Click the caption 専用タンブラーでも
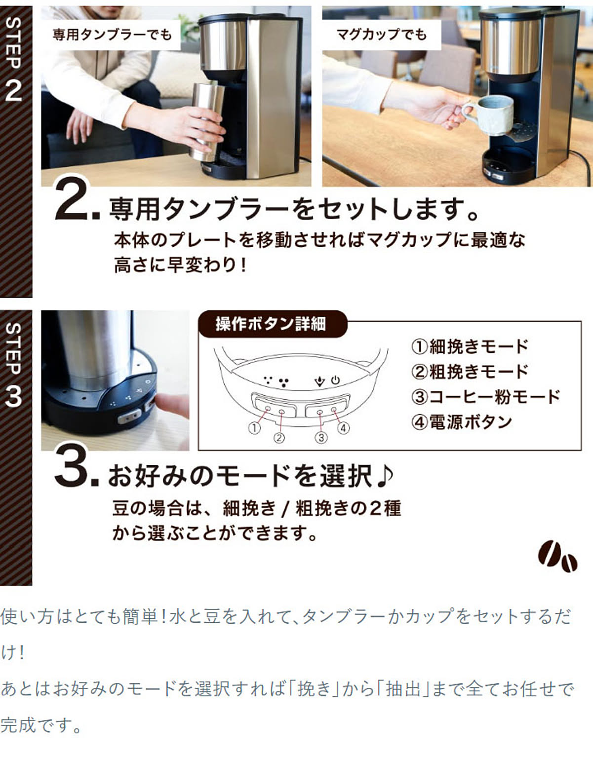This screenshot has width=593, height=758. click(112, 35)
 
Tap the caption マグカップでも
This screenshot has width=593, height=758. click(381, 35)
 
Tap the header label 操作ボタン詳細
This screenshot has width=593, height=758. click(271, 324)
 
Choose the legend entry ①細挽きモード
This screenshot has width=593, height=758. click(469, 346)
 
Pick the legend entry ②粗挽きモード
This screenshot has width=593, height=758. click(469, 372)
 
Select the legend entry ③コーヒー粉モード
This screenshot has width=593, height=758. click(485, 397)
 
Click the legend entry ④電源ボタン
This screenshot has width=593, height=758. click(461, 422)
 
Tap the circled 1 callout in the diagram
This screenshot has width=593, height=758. click(254, 428)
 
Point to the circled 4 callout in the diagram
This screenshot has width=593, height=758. click(343, 428)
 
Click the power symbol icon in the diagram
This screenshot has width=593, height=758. click(336, 380)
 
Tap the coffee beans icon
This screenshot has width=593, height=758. click(557, 557)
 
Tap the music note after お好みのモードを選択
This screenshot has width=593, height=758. click(384, 476)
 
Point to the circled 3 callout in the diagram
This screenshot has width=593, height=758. click(321, 437)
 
